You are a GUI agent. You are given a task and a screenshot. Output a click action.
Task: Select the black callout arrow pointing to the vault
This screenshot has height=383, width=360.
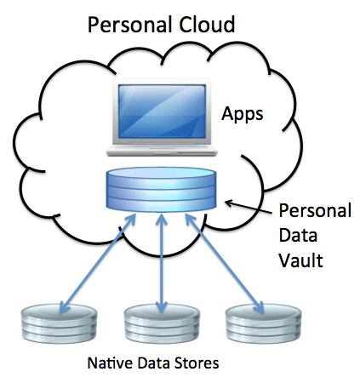click(x=247, y=203)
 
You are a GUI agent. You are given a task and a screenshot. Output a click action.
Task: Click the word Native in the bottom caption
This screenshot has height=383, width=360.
click(x=109, y=363)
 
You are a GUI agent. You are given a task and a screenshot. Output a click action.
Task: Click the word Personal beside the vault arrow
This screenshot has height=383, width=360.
click(x=307, y=211)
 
